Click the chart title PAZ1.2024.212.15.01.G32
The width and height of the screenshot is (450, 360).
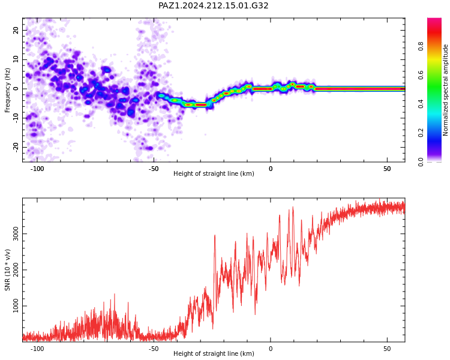[213, 6]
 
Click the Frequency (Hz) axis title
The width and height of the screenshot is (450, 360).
[7, 90]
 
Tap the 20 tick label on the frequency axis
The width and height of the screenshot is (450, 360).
[16, 30]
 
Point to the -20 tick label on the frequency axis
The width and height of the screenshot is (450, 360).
[16, 148]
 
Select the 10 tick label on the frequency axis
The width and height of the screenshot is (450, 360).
[16, 59]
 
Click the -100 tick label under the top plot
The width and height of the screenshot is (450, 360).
[37, 169]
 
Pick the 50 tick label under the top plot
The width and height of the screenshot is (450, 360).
[387, 169]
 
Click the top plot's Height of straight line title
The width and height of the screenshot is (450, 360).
[214, 173]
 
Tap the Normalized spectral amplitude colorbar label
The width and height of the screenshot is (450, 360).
[445, 90]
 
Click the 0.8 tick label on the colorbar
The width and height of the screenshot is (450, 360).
[421, 46]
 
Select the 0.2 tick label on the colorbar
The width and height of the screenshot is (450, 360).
[421, 133]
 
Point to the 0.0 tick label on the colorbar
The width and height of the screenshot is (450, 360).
[421, 162]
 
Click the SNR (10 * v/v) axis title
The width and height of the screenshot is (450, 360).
[7, 270]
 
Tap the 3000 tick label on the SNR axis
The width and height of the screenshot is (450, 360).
[16, 233]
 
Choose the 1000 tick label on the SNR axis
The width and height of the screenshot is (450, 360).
[16, 306]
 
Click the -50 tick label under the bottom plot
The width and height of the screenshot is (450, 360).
[154, 349]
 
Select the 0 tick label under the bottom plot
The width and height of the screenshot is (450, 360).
[271, 349]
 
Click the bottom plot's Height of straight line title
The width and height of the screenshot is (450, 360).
[214, 353]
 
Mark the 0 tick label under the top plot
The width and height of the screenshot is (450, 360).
[271, 169]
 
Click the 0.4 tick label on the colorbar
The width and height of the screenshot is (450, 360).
[421, 104]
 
